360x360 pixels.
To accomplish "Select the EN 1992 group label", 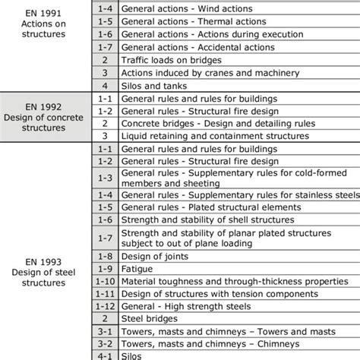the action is pos(45,113).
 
